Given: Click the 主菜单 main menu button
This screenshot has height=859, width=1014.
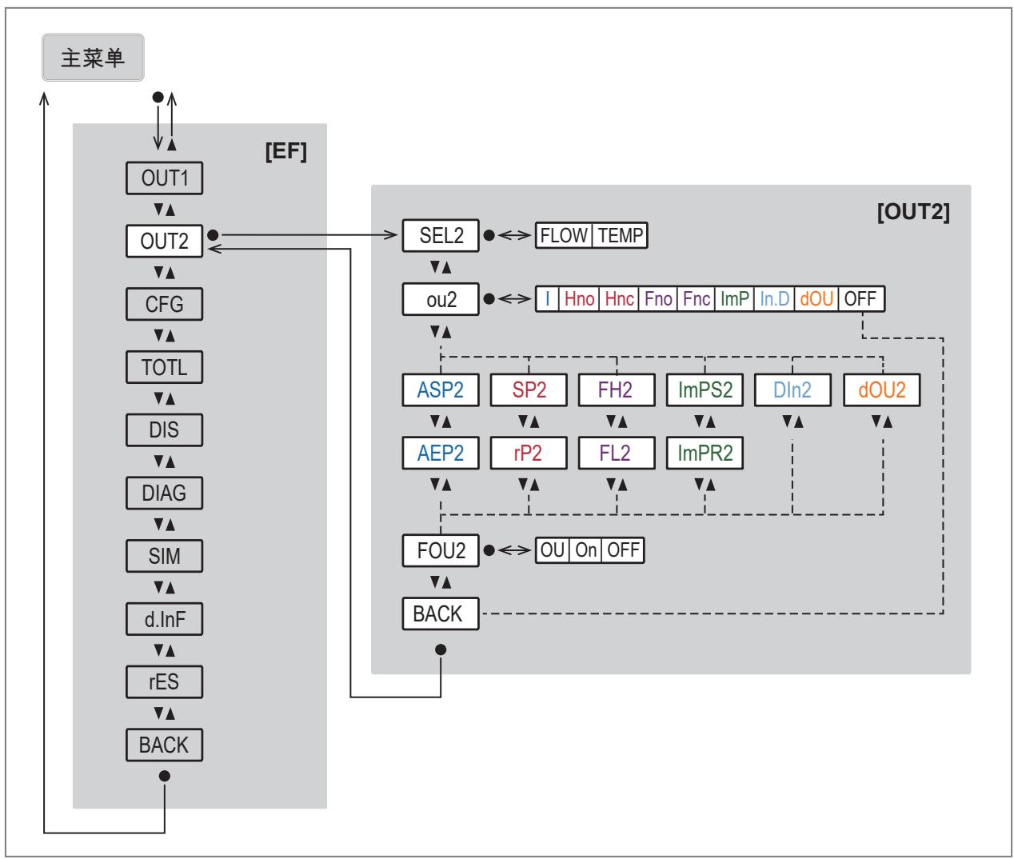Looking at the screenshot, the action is tap(93, 57).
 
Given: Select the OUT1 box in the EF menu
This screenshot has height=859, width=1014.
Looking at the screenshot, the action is tap(165, 178).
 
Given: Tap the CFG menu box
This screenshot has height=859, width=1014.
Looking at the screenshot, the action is tap(165, 304).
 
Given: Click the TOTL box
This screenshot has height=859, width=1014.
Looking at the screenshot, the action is tap(165, 367).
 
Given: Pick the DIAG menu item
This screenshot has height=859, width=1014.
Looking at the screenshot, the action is tap(165, 493).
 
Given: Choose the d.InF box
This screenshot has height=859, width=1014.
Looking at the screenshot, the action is tap(165, 619).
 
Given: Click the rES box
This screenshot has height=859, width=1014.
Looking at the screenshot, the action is tap(165, 682).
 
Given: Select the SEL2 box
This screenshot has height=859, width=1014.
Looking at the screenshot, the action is tap(441, 235).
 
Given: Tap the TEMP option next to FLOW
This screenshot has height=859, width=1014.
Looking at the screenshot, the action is tap(620, 235).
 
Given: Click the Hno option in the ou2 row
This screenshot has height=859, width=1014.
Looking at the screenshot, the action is tap(579, 299).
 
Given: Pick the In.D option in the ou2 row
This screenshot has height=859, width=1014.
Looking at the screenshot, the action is tap(774, 299).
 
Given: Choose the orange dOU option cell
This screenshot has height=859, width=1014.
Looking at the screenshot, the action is tap(816, 299).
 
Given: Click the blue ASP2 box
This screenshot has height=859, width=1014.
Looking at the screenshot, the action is tap(441, 390).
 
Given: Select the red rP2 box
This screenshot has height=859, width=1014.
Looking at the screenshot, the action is tap(529, 453).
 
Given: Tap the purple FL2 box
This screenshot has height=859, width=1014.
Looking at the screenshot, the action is tap(617, 453).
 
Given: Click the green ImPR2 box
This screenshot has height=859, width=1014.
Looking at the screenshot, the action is tap(705, 453).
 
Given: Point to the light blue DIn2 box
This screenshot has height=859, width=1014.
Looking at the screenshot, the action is tap(792, 390).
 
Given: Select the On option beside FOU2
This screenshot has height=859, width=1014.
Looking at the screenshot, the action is tap(586, 550).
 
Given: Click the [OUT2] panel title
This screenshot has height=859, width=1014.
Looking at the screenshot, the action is tap(913, 212).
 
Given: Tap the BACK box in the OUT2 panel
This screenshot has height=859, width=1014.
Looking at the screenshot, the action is tap(441, 613).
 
